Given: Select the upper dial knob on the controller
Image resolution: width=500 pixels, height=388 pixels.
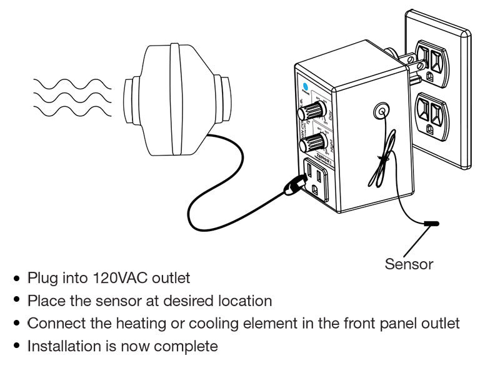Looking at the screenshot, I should tap(307, 113).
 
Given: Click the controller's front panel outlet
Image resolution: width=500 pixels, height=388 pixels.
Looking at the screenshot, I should tap(316, 177).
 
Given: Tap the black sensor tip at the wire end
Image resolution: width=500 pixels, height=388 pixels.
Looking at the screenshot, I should tap(431, 223).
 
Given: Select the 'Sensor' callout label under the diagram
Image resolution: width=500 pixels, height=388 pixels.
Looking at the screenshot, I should tap(409, 264).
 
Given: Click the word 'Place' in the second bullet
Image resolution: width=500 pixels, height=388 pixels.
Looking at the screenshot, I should tap(42, 301).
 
